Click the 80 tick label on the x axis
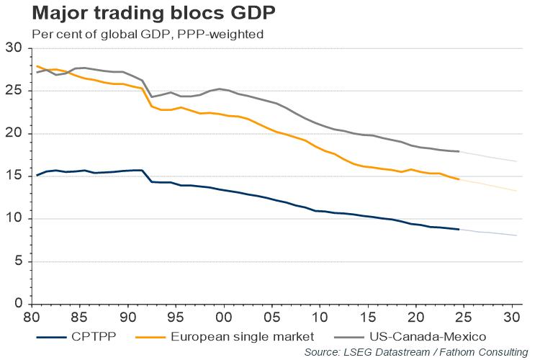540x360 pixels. [x=32, y=317]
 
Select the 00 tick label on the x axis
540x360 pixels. [x=224, y=317]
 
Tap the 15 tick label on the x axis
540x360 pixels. [x=368, y=317]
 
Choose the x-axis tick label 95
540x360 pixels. [x=176, y=317]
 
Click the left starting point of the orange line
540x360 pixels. [x=37, y=66]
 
